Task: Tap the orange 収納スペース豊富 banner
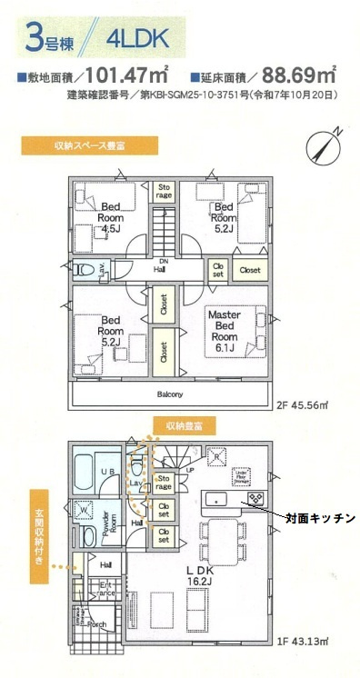(x=89, y=145)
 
